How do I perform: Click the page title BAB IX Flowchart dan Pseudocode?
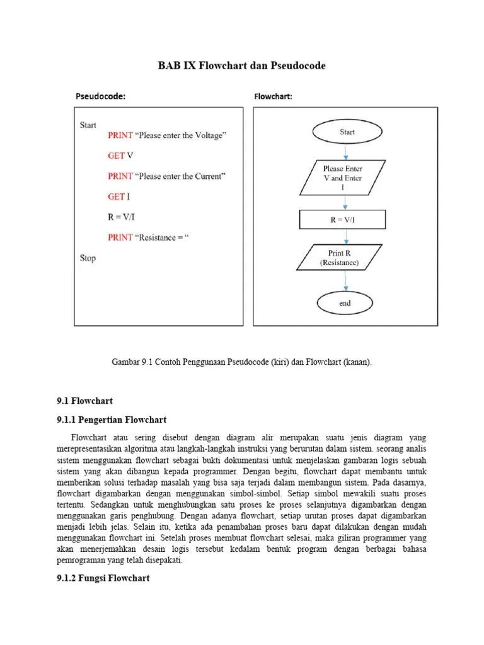[241, 66]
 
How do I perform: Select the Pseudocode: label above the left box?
[100, 96]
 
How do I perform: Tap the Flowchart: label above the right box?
[272, 96]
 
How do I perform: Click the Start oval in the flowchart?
[346, 132]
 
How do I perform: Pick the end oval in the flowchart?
[345, 303]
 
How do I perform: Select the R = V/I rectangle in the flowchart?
[342, 219]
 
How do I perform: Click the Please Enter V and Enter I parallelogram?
[343, 178]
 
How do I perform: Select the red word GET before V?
[116, 156]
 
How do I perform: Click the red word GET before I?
[116, 197]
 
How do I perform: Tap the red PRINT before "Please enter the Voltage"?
[120, 135]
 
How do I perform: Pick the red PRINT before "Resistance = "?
[120, 237]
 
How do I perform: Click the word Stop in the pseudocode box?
[88, 258]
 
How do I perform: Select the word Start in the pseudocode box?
[88, 125]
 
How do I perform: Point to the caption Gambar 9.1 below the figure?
[241, 362]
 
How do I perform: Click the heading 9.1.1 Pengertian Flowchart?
[112, 420]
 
